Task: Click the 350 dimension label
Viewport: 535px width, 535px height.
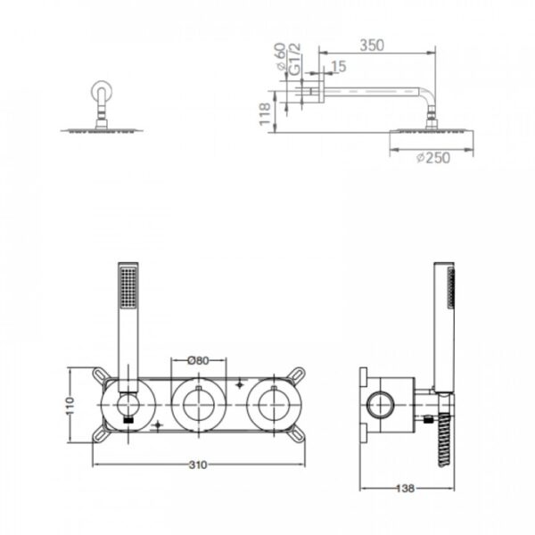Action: pos(372,45)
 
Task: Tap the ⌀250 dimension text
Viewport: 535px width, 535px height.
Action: pos(433,158)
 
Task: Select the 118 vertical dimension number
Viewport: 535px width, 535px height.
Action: pos(265,113)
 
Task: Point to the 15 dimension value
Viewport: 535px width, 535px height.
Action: pos(339,67)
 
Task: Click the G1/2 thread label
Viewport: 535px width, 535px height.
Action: pos(295,59)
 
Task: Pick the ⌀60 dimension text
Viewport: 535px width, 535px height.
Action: pos(280,57)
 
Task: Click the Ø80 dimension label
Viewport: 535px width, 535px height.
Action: pos(198,360)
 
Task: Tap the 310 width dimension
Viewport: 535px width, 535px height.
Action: pos(198,465)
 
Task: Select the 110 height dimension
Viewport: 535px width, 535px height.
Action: pos(70,406)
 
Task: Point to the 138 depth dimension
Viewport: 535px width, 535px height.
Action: pos(406,489)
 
